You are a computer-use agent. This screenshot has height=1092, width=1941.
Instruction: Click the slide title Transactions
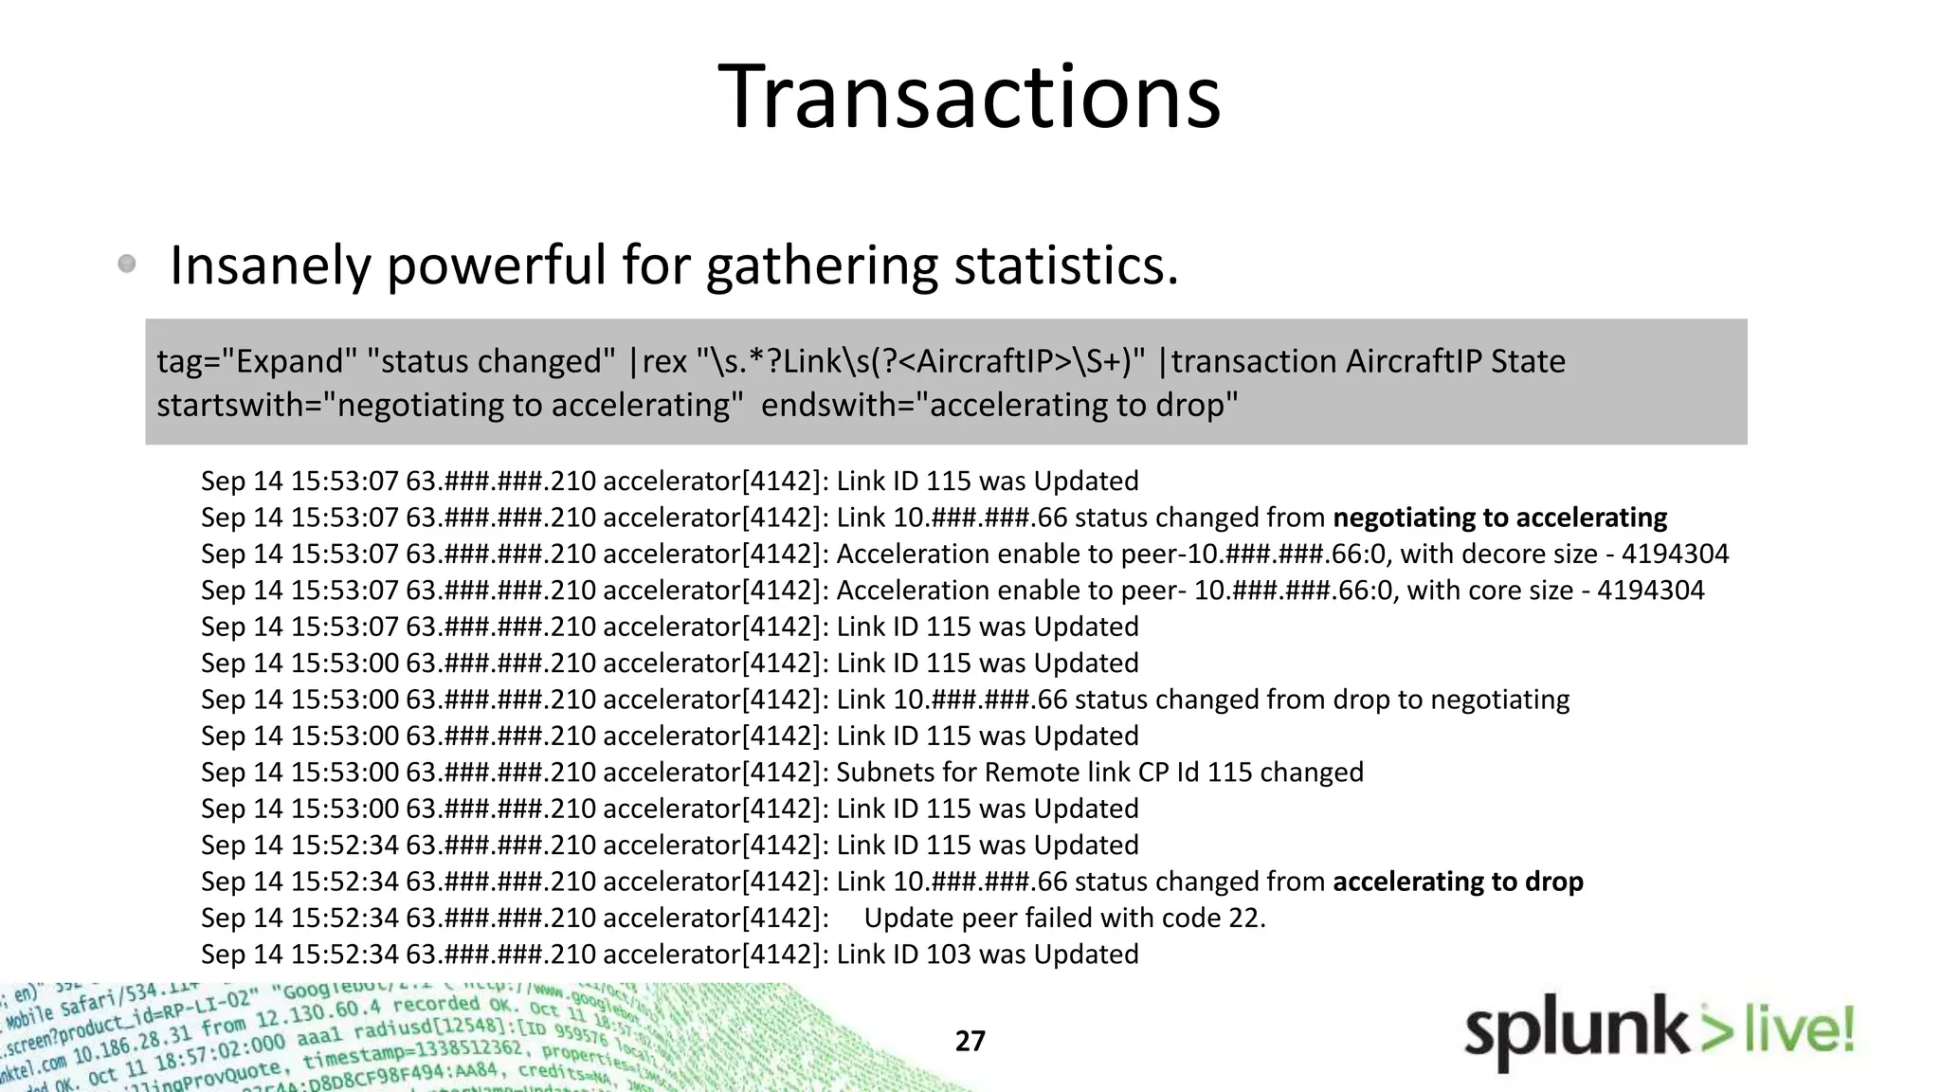[969, 97]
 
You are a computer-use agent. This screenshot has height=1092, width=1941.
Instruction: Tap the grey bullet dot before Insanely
[127, 264]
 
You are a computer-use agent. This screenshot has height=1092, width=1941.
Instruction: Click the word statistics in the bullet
[1065, 265]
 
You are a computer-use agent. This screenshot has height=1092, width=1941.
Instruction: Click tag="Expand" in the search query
[256, 361]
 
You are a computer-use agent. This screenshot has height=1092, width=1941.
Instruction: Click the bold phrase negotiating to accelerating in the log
[1499, 518]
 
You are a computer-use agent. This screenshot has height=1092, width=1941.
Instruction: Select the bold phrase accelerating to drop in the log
[1458, 882]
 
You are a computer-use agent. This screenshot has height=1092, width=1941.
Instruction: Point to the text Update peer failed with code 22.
[1064, 918]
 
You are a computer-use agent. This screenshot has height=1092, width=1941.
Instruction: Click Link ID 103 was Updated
[987, 954]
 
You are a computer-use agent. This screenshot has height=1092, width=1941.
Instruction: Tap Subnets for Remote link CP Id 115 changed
[1099, 773]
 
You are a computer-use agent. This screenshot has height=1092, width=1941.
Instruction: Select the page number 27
[970, 1041]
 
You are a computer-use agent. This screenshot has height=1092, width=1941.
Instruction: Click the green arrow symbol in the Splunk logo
[1716, 1031]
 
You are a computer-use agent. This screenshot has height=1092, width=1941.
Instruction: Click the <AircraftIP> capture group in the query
[989, 361]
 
